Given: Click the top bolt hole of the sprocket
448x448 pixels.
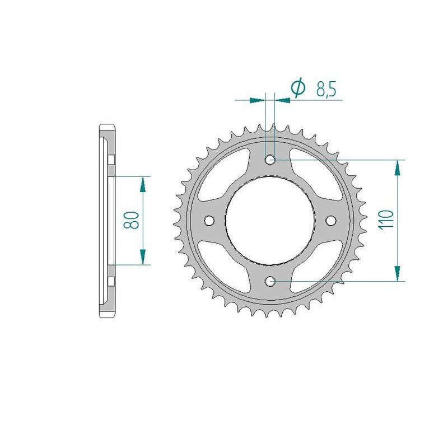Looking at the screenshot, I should (270, 160).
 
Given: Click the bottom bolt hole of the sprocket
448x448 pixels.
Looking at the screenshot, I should (270, 281).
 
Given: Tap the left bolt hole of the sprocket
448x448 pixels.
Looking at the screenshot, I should (211, 220).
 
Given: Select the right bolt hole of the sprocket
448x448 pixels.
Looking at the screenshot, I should (330, 220).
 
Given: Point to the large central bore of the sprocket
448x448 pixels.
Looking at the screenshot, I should (270, 220).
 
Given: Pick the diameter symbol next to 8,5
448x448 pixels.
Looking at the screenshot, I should (298, 88).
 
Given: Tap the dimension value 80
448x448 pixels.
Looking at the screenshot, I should (133, 220).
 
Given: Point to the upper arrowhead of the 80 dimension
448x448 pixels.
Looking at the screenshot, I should (143, 184).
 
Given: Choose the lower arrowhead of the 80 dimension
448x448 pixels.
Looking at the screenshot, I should (143, 256).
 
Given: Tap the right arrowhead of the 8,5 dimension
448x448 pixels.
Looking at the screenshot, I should (284, 100).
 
